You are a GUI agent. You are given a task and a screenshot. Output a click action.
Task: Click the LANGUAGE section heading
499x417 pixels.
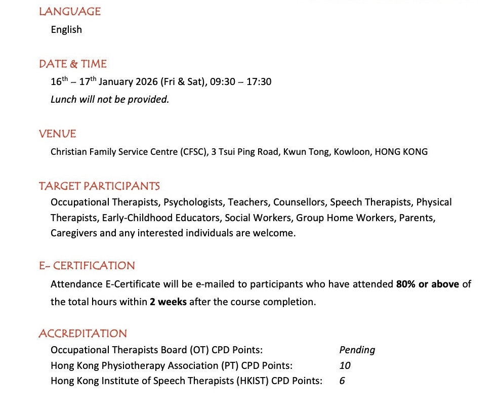tap(70, 11)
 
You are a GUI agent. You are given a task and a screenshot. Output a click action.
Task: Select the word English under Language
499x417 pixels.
tap(66, 29)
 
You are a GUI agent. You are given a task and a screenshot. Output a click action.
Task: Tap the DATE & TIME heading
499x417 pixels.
tap(73, 64)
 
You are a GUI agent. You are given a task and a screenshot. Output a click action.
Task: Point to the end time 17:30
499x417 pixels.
tap(259, 81)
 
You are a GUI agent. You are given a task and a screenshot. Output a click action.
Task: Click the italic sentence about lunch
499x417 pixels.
tap(110, 99)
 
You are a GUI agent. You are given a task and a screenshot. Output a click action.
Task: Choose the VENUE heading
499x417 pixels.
tap(58, 134)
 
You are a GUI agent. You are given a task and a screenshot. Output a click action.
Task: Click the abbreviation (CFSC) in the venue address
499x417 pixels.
tap(193, 151)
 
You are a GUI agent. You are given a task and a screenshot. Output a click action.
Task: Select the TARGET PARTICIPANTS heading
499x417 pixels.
tap(99, 186)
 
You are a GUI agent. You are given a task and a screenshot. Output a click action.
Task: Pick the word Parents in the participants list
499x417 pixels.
tap(417, 218)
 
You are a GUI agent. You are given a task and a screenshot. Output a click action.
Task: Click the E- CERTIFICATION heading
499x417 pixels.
tap(87, 265)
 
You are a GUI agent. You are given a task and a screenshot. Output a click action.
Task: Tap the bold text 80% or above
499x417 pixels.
tap(428, 284)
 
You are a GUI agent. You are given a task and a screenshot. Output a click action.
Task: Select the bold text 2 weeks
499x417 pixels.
tap(168, 302)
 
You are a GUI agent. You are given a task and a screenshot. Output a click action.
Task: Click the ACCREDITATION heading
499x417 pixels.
tap(83, 333)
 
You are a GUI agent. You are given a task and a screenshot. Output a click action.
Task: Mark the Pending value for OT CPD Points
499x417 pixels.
tap(357, 350)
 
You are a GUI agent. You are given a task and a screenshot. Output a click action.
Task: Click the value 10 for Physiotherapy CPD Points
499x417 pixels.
tap(345, 365)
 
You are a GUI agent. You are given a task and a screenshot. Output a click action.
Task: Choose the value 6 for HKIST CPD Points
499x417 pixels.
tap(342, 381)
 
